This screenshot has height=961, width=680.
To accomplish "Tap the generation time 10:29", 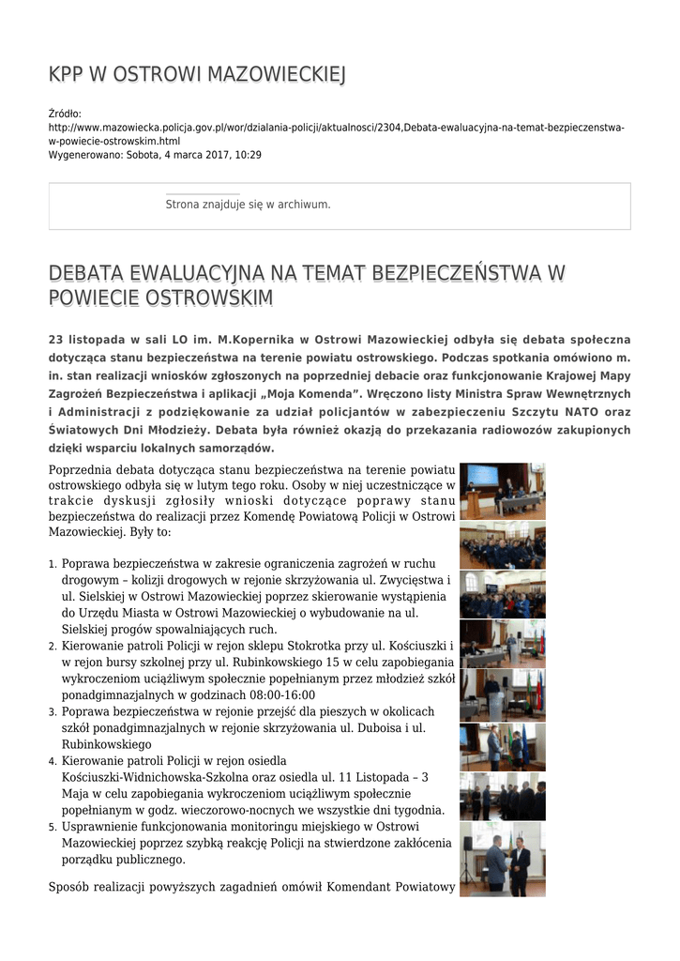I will tap(249, 155).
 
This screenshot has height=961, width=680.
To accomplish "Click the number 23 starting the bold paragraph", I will tap(55, 339).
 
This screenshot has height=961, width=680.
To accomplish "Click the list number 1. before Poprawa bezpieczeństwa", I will tap(52, 564).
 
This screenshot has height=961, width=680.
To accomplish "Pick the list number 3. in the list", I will tap(52, 712).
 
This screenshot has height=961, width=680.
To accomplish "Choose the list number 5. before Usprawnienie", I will tap(52, 827).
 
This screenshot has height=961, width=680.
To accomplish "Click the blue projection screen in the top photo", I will tap(483, 476).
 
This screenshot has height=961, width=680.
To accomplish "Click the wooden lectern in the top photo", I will tap(474, 504).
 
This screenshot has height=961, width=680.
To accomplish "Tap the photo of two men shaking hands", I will tap(502, 859).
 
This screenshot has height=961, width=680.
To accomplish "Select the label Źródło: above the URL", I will tap(65, 114).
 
